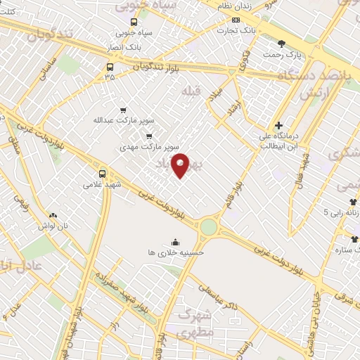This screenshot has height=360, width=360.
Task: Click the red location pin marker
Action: tap(181, 165)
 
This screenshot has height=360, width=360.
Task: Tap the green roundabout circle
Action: tap(209, 226)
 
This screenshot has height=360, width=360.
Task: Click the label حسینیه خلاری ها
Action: tap(176, 252)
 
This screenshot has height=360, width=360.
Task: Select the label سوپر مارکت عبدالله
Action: tap(124, 120)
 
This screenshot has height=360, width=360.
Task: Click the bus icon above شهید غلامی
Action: tap(103, 173)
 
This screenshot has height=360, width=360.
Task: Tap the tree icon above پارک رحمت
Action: tap(283, 43)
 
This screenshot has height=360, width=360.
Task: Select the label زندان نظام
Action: tap(234, 6)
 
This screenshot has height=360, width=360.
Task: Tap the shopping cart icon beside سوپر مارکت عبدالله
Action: tap(124, 110)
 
